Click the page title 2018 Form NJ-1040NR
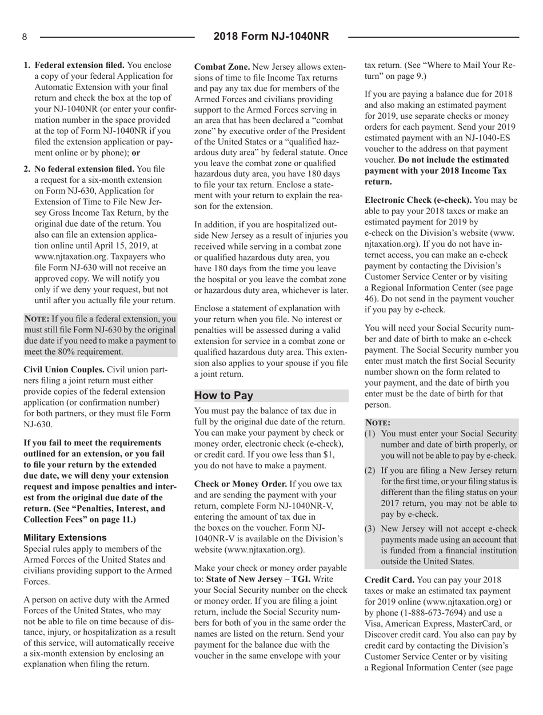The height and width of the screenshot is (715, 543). click(271, 37)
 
